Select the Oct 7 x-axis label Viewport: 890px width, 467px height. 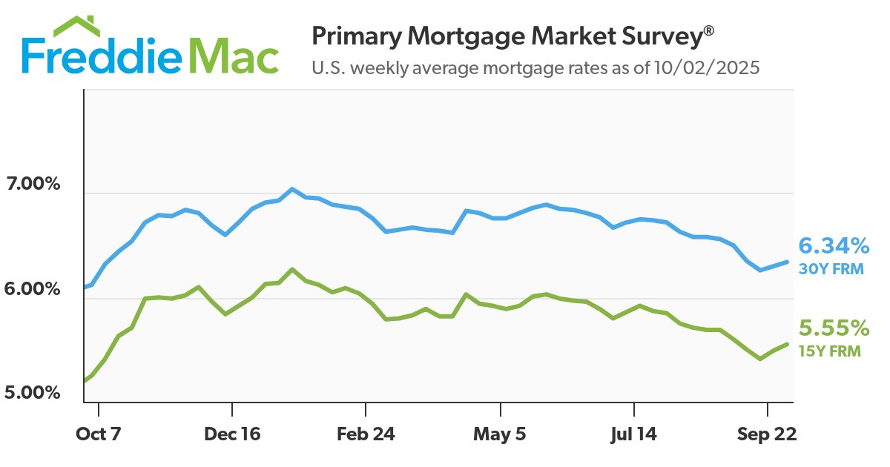[x=98, y=434]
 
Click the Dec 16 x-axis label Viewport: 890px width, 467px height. [x=232, y=434]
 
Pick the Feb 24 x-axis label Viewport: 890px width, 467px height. [x=366, y=434]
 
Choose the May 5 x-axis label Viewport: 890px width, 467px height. [x=501, y=434]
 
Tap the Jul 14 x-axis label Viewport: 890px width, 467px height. [x=635, y=434]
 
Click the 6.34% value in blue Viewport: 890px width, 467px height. [x=834, y=245]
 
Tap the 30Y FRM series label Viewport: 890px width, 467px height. [x=831, y=269]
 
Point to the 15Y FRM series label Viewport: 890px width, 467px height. [x=829, y=351]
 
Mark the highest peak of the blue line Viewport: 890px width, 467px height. [x=292, y=189]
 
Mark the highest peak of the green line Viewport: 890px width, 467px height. [x=292, y=269]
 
